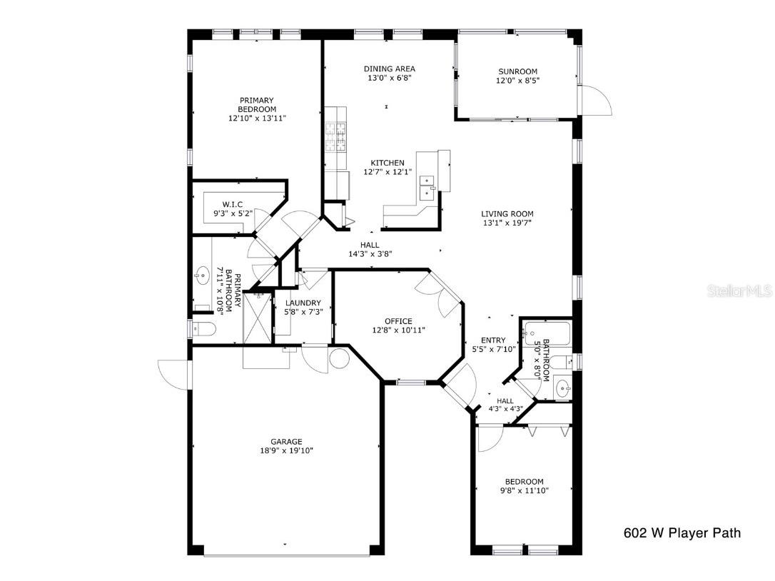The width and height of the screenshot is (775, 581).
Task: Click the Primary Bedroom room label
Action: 257,104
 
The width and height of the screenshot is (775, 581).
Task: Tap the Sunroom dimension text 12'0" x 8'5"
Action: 517,81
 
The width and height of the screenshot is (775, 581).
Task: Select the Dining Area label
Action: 389,69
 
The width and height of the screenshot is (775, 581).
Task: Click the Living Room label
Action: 507,213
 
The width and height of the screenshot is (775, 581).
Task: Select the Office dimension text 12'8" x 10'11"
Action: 398,330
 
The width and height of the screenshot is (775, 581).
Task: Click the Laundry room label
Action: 303,303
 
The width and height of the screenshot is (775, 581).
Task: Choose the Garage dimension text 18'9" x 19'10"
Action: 286,450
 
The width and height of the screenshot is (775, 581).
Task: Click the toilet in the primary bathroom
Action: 203,329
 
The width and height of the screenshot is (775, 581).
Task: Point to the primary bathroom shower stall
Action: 258,318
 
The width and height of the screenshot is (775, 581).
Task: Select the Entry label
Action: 493,340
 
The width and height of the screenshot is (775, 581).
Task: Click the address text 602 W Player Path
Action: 682,532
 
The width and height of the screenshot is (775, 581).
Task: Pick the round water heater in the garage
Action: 338,358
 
